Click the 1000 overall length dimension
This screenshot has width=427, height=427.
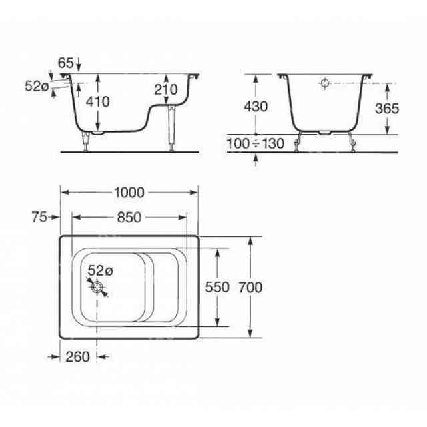point(129,193)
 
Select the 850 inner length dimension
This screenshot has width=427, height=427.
point(129,218)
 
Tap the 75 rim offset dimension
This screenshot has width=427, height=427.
point(39,217)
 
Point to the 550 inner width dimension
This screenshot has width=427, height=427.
point(217,287)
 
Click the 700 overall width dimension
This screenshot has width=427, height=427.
point(250,287)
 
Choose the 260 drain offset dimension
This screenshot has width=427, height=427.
point(77,357)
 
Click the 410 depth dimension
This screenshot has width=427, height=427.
point(98,102)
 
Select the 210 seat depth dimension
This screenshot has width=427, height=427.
point(166,89)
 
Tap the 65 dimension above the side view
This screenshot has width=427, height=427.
point(65,63)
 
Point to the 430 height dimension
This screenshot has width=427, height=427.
point(256,107)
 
